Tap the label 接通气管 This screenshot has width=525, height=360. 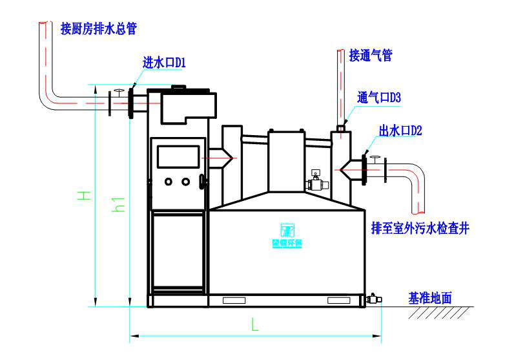click(371, 56)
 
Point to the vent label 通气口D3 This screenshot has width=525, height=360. click(380, 98)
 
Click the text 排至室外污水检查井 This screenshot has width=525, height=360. click(420, 229)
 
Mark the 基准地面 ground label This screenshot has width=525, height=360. click(429, 299)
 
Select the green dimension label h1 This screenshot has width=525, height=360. click(118, 204)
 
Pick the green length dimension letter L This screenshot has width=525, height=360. click(255, 326)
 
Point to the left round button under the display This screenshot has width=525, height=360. click(169, 182)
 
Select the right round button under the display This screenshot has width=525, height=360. click(186, 182)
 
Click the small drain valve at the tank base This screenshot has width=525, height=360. click(373, 299)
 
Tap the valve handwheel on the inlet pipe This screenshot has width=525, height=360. click(118, 91)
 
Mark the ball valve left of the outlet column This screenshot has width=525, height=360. click(316, 184)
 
